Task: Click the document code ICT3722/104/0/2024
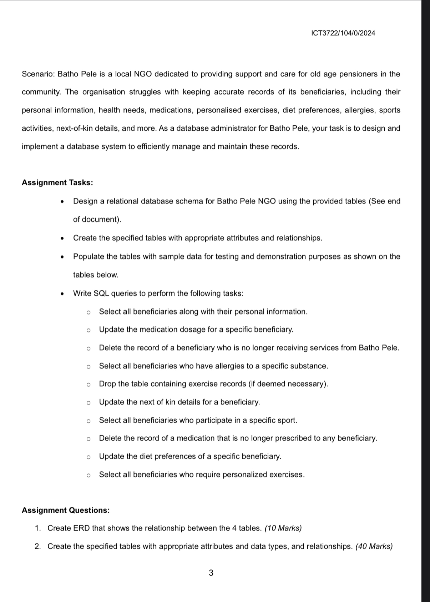[x=343, y=33]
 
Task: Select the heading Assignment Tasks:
[x=57, y=182]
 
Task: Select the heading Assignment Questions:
[x=66, y=510]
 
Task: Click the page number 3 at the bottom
[x=211, y=573]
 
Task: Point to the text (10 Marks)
[x=283, y=528]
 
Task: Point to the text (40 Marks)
[x=374, y=546]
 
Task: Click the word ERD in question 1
[x=81, y=528]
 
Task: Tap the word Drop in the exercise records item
[x=107, y=384]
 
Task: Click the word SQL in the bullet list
[x=101, y=294]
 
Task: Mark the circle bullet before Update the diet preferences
[x=88, y=457]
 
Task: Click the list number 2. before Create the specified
[x=38, y=546]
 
